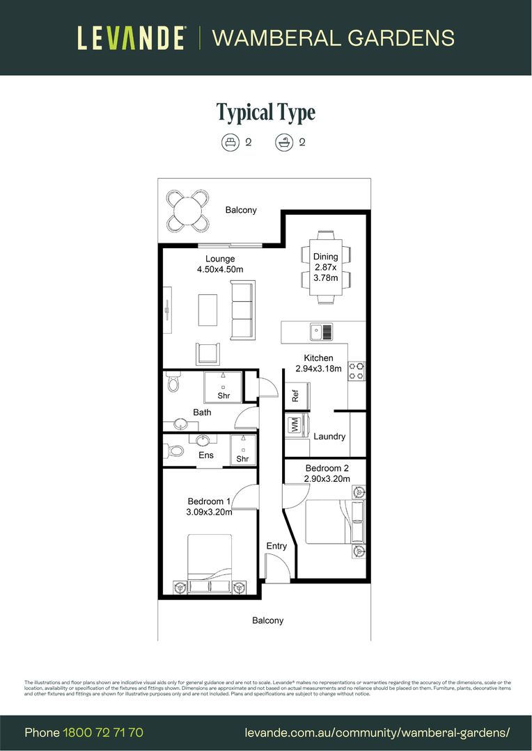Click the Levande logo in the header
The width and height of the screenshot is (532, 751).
pyautogui.click(x=131, y=38)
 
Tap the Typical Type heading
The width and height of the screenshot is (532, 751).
pyautogui.click(x=265, y=112)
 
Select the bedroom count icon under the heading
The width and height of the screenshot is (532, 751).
pyautogui.click(x=230, y=143)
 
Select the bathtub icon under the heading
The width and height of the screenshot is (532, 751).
pyautogui.click(x=284, y=143)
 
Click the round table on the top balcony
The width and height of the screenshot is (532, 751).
pyautogui.click(x=187, y=209)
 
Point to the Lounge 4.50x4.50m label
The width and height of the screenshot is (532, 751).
pyautogui.click(x=219, y=264)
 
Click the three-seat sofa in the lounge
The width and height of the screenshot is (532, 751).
pyautogui.click(x=242, y=310)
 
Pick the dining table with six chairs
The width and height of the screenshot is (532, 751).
pyautogui.click(x=325, y=267)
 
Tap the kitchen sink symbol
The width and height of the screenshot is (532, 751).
pyautogui.click(x=322, y=332)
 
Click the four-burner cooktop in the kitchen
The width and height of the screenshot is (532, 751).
pyautogui.click(x=357, y=371)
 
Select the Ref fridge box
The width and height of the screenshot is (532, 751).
pyautogui.click(x=295, y=395)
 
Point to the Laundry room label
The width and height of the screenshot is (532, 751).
pyautogui.click(x=329, y=437)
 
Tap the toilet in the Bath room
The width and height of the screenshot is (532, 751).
pyautogui.click(x=173, y=383)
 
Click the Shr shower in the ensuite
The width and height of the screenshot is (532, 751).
pyautogui.click(x=243, y=450)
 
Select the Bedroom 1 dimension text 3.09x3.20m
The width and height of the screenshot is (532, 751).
pyautogui.click(x=209, y=512)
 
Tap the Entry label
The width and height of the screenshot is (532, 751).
pyautogui.click(x=276, y=546)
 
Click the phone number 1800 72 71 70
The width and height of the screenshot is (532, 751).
pyautogui.click(x=103, y=732)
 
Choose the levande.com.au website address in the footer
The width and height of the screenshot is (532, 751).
pyautogui.click(x=377, y=732)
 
